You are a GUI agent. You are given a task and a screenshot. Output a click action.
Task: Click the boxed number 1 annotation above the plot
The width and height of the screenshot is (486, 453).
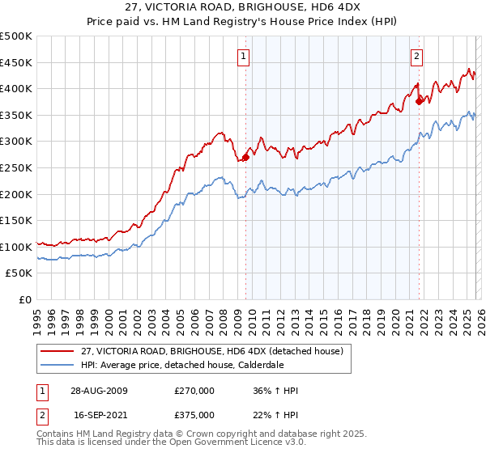pyautogui.click(x=244, y=56)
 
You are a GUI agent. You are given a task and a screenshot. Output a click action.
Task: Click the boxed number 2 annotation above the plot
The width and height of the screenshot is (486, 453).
pyautogui.click(x=416, y=56)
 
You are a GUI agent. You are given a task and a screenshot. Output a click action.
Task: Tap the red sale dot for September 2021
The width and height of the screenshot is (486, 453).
pyautogui.click(x=419, y=101)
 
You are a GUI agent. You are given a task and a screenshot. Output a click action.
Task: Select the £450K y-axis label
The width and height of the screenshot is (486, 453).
pyautogui.click(x=16, y=62)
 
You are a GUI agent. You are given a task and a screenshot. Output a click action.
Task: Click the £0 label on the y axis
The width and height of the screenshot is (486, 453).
pyautogui.click(x=24, y=299)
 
